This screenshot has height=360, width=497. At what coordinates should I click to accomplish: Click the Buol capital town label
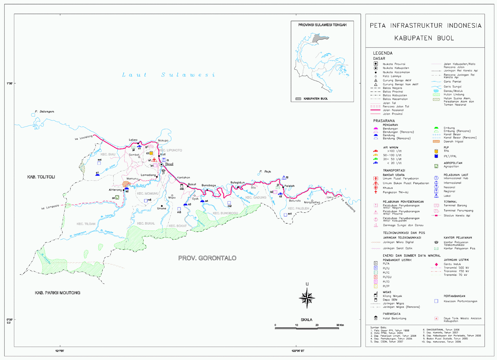click(169, 164)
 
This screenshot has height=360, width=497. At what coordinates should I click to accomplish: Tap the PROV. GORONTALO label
click(207, 258)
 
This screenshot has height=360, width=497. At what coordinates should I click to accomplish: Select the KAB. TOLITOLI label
click(41, 177)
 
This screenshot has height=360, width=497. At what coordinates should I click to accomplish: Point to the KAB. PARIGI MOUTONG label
click(57, 293)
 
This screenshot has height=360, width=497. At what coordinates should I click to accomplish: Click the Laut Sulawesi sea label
click(168, 75)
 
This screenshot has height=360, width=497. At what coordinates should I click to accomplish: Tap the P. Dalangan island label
click(44, 111)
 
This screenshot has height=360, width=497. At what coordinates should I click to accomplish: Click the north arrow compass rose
click(307, 298)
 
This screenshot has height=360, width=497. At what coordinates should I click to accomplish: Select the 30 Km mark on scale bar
click(340, 325)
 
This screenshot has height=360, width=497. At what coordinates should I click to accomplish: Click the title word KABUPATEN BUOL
click(424, 38)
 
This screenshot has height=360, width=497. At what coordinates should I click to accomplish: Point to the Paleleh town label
click(289, 186)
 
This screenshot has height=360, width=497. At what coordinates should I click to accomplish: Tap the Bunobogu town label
click(209, 185)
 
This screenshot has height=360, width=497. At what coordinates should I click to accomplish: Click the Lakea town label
click(133, 140)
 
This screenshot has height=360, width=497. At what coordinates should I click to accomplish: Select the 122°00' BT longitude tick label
click(298, 351)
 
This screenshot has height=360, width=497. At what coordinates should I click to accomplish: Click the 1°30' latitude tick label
click(9, 83)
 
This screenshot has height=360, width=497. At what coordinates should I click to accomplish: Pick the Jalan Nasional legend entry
click(393, 110)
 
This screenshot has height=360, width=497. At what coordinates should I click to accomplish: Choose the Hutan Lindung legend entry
click(454, 95)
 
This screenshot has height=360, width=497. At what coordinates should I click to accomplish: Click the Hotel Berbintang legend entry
click(394, 318)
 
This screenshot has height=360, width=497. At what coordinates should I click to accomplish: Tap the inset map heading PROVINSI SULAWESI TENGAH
click(322, 25)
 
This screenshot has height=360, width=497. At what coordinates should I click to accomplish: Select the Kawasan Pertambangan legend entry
click(460, 301)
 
